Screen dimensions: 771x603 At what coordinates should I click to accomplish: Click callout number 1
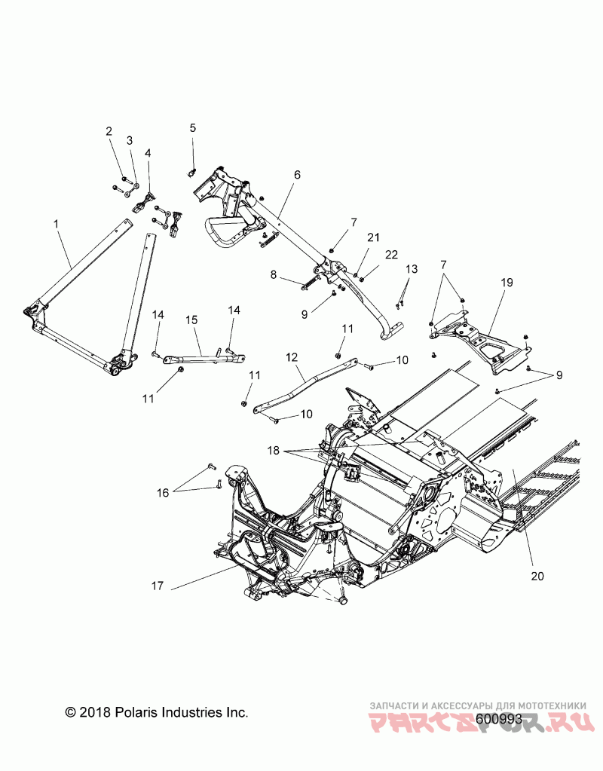[x=57, y=224]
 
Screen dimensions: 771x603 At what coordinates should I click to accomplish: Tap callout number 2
[x=109, y=131]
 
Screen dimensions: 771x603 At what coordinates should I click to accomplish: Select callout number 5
[x=192, y=128]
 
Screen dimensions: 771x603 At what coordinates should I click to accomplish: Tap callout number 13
[x=411, y=269]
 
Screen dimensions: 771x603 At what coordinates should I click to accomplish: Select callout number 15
[x=191, y=320]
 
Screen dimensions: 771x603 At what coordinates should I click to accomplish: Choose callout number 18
[x=273, y=451]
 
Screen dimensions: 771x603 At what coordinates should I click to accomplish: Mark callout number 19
[x=506, y=282]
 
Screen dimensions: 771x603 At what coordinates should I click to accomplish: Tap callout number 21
[x=372, y=237]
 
